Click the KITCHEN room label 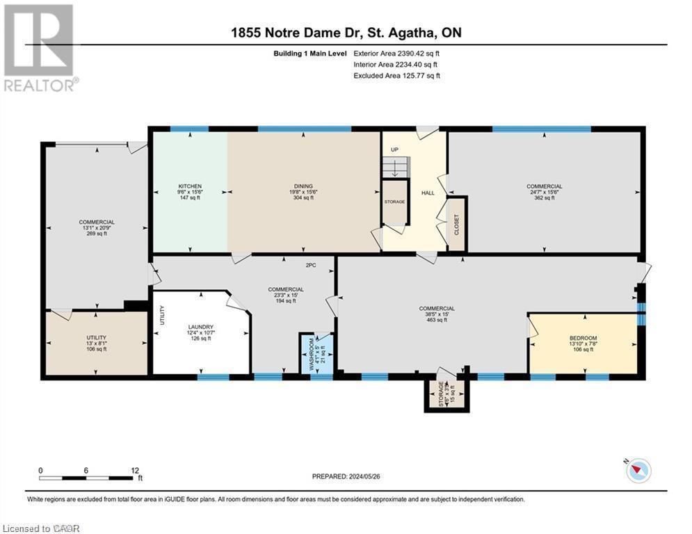point(190,186)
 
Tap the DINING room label point(303,186)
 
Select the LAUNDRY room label point(200,327)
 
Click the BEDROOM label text point(583,338)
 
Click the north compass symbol point(637,471)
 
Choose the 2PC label point(311,265)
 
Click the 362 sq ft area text point(545,198)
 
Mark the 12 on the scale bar point(135,470)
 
